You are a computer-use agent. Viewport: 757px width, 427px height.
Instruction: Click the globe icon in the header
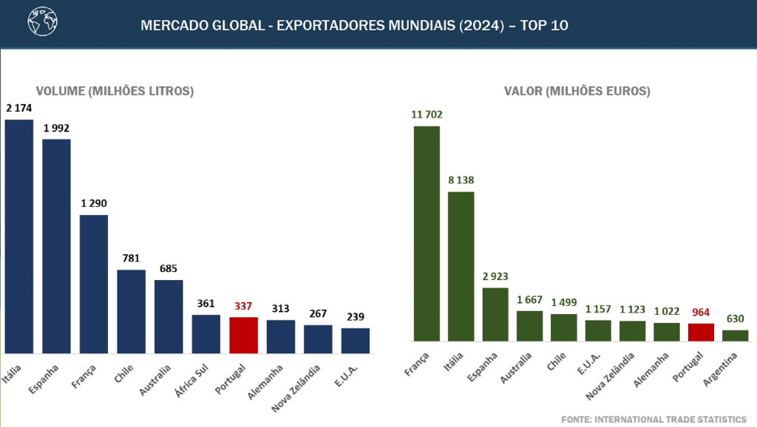(42, 23)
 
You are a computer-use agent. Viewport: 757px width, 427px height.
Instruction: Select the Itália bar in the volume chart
(19, 236)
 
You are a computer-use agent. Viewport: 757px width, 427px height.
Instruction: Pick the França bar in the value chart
(427, 233)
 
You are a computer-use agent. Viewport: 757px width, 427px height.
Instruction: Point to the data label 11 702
(427, 115)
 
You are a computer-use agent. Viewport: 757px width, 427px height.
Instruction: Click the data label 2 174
(19, 108)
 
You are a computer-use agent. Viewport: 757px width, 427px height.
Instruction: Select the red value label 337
(243, 305)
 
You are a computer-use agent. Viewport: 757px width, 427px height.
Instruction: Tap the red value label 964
(700, 312)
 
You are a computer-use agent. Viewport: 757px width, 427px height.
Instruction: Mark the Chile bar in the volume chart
(132, 311)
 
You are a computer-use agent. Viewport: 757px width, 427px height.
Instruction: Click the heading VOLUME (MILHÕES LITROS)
(115, 92)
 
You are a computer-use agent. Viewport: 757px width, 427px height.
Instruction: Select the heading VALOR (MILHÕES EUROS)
(577, 92)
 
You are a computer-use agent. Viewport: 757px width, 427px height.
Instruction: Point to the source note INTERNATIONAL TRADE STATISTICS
(654, 419)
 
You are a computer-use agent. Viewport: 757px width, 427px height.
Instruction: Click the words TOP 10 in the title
(544, 25)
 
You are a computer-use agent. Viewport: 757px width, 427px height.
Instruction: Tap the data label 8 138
(461, 180)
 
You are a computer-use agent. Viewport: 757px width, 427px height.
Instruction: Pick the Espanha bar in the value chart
(495, 314)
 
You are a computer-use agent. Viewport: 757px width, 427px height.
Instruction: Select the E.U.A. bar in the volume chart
(356, 340)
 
